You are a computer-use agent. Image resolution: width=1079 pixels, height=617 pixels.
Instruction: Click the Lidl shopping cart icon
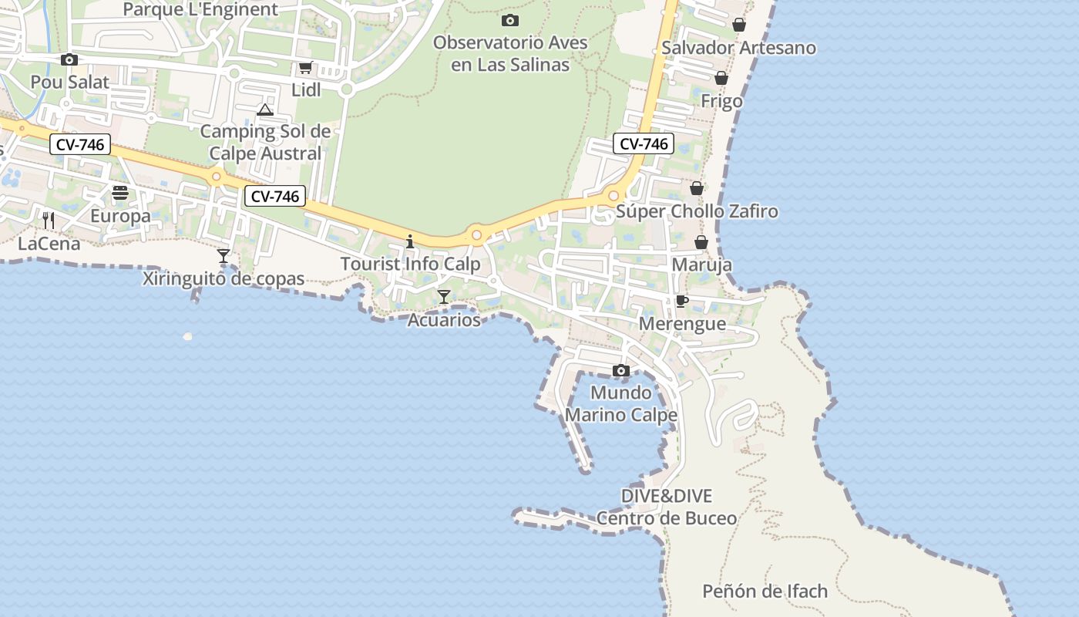(x=305, y=67)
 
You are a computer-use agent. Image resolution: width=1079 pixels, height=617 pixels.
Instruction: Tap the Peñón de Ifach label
(x=765, y=592)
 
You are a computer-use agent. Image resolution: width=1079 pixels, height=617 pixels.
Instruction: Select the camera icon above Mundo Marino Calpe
(x=620, y=371)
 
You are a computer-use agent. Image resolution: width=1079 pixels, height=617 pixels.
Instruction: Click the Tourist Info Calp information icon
(x=410, y=241)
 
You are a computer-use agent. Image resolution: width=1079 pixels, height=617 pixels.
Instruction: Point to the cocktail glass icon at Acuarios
(x=444, y=296)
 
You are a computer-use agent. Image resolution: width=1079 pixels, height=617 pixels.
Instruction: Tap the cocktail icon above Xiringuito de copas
(x=224, y=255)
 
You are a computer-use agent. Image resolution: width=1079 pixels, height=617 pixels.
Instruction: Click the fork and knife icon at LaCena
(x=49, y=221)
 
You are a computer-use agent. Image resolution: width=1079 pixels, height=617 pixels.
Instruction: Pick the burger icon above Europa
(x=119, y=193)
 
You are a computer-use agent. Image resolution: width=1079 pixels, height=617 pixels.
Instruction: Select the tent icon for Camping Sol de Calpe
(x=265, y=110)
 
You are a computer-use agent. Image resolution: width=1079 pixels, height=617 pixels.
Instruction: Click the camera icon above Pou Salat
(x=69, y=59)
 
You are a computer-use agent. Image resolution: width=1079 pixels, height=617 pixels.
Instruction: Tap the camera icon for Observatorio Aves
(x=509, y=20)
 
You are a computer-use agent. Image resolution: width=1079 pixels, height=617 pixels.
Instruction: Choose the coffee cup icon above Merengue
(x=681, y=301)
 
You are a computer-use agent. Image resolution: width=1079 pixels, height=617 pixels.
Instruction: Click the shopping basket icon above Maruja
(x=701, y=242)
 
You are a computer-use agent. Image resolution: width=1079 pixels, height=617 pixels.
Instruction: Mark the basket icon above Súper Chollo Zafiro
(x=697, y=188)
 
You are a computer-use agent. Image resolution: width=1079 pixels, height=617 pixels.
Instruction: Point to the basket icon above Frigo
(x=721, y=78)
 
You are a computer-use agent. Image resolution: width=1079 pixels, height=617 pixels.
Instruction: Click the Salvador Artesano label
(x=738, y=48)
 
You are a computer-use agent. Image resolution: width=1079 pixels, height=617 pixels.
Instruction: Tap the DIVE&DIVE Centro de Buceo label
(x=667, y=507)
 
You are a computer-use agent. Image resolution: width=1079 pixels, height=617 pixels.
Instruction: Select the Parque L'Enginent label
(x=200, y=9)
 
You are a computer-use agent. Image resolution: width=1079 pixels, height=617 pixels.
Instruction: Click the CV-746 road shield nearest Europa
(x=80, y=144)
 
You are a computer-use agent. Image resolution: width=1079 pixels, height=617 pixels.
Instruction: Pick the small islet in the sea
(x=187, y=336)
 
